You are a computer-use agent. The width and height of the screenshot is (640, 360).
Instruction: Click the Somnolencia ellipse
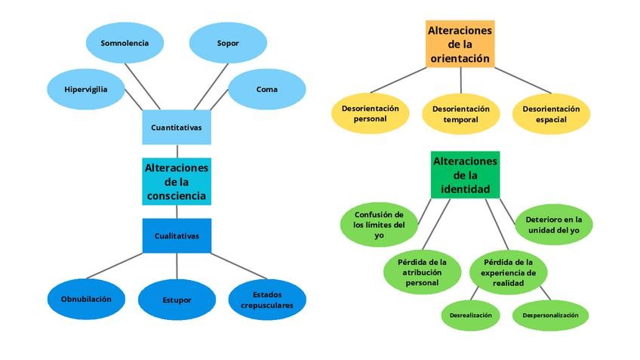point(125,43)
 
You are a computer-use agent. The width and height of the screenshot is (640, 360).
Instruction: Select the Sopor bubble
point(227,43)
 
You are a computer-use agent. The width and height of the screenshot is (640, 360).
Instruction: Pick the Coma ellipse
point(266,89)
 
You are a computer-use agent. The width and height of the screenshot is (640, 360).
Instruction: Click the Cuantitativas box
point(177,128)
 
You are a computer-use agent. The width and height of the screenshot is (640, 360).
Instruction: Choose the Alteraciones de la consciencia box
point(177,181)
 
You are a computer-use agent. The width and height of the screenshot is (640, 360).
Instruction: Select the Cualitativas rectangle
point(177,235)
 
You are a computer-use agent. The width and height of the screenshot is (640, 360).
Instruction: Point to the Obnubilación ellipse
point(86,299)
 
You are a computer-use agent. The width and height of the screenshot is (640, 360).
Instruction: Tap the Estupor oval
point(177,300)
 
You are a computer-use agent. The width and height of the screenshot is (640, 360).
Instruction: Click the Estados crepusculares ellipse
point(267,300)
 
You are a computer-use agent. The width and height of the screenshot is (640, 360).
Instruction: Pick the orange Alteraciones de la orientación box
point(460,44)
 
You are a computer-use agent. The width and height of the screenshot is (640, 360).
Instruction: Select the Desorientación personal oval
point(370,113)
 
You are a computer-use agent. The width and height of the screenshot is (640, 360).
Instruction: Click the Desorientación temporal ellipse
point(460,113)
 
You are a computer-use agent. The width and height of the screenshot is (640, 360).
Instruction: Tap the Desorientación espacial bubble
point(551,113)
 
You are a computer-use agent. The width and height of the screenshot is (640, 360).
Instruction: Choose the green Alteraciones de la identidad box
point(465,174)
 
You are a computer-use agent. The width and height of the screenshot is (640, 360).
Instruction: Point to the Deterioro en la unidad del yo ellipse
point(554,224)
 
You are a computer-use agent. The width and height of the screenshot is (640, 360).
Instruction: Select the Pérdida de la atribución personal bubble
point(423,272)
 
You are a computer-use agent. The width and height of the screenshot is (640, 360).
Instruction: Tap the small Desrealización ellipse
point(470,315)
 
